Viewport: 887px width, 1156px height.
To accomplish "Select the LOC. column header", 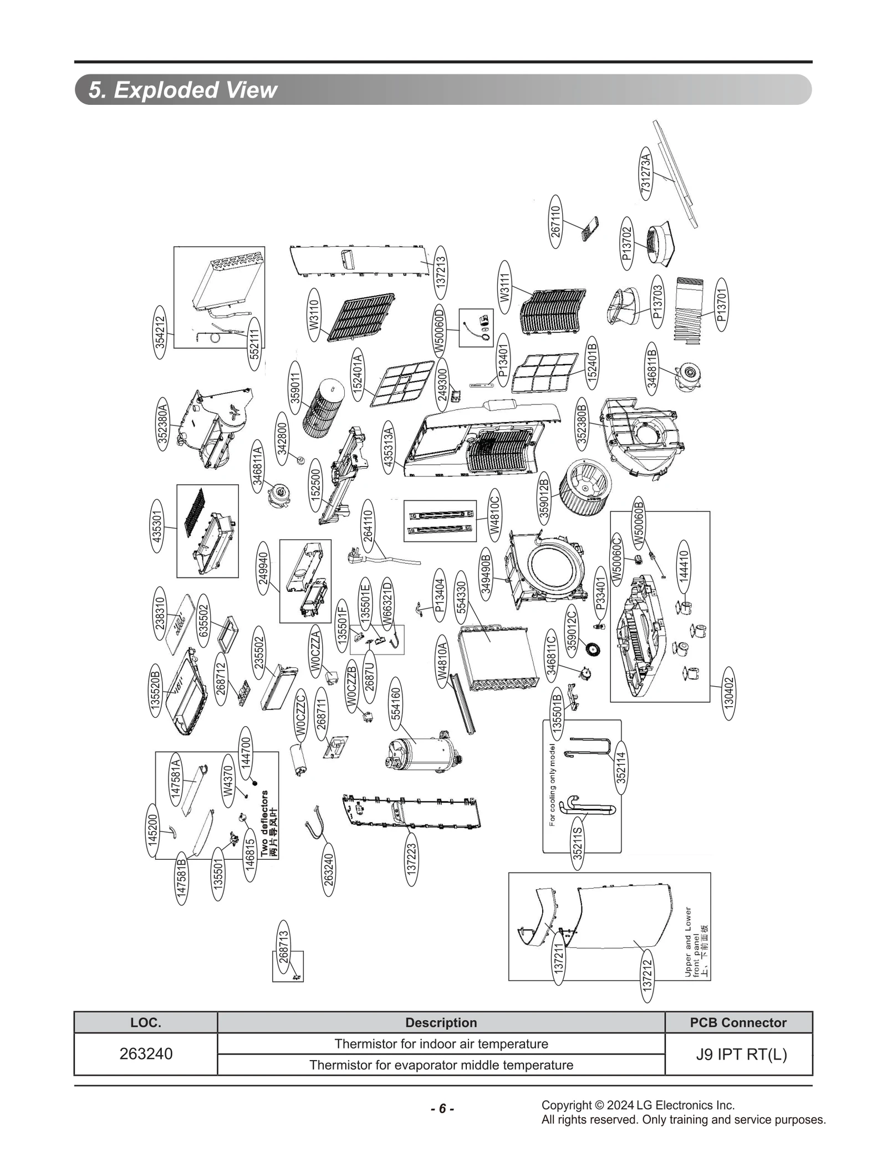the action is click(146, 1023).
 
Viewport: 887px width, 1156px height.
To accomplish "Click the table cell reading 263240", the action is click(146, 1054).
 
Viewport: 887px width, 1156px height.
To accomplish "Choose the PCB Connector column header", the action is click(738, 1023).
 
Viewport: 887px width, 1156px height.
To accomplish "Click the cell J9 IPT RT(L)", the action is click(741, 1054).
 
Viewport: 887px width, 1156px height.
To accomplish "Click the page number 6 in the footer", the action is click(442, 1109).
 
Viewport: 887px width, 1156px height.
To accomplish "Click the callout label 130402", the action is click(729, 692).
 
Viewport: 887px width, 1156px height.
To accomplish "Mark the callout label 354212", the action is click(160, 332).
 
